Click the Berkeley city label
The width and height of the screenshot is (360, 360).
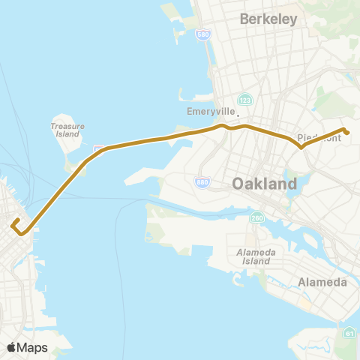(268, 19)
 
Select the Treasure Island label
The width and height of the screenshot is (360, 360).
(67, 130)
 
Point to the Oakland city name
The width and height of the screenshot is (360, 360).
(264, 183)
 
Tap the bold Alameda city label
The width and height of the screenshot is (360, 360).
(322, 282)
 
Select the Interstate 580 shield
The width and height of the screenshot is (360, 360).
(202, 35)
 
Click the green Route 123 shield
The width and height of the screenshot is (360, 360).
(245, 100)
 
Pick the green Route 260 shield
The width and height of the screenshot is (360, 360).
(257, 218)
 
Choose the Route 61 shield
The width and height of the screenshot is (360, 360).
(349, 332)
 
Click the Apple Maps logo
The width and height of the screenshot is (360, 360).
(27, 347)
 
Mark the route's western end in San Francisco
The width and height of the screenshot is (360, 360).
(13, 222)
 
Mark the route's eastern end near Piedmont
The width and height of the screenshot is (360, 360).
(347, 133)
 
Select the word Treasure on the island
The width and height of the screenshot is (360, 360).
(67, 126)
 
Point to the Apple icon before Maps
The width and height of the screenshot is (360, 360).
(12, 346)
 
